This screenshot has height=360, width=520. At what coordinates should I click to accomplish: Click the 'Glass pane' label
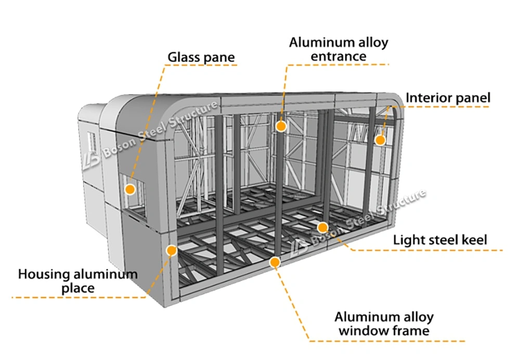[201, 57]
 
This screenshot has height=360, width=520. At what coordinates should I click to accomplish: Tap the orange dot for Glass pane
[130, 189]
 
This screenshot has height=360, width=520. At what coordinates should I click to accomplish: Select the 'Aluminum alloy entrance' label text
[339, 49]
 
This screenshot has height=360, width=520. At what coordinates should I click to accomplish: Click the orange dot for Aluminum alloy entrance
[281, 126]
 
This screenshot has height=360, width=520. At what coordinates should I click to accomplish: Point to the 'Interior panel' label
[448, 98]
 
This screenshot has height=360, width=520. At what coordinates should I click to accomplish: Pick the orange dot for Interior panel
[380, 140]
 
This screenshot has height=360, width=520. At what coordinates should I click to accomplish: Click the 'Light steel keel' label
[440, 240]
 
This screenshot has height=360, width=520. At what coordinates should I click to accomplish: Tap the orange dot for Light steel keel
[322, 228]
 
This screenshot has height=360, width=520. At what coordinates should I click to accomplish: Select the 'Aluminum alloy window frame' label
[384, 324]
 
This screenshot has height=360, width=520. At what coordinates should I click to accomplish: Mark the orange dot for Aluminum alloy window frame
[275, 262]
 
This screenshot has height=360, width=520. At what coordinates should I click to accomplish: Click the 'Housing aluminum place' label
[78, 281]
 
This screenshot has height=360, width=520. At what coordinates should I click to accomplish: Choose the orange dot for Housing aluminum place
[172, 250]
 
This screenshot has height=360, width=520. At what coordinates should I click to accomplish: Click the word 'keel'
[473, 239]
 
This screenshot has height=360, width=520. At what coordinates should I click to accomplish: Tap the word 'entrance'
[339, 56]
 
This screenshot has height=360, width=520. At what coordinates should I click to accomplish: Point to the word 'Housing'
[44, 275]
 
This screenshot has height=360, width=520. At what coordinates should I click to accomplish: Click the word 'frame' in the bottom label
[409, 331]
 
